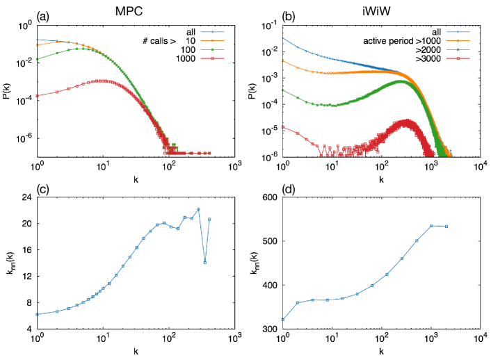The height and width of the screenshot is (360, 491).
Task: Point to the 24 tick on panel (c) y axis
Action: (x=28, y=197)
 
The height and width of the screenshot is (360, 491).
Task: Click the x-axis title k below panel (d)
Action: (x=381, y=352)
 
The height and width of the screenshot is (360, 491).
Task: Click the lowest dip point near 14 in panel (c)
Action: (x=204, y=263)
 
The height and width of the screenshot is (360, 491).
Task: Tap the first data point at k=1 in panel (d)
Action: (x=283, y=320)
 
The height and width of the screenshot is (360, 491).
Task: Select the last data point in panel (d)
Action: (x=446, y=227)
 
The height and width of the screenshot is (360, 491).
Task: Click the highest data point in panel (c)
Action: (x=198, y=209)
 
